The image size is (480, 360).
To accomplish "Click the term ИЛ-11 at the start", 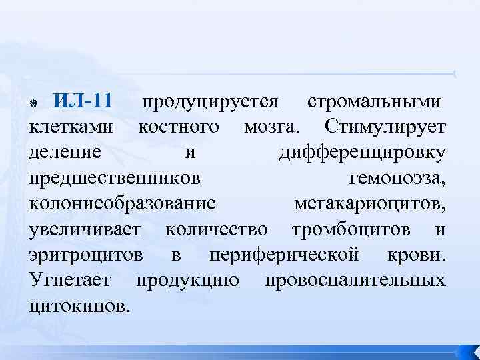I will pyautogui.click(x=82, y=103).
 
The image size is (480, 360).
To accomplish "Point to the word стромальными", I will pyautogui.click(x=373, y=103).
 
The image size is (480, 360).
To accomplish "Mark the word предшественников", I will pyautogui.click(x=113, y=179).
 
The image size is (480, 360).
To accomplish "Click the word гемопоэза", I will pyautogui.click(x=397, y=179).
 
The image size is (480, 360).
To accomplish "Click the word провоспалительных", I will pyautogui.click(x=355, y=280).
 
